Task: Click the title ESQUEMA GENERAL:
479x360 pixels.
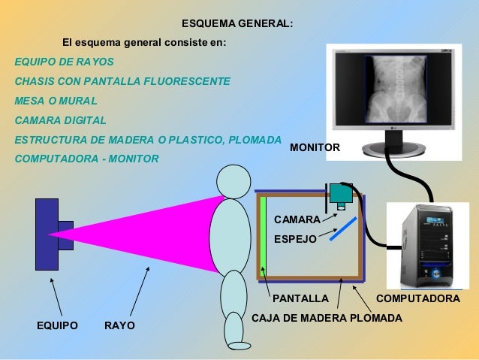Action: pyautogui.click(x=238, y=24)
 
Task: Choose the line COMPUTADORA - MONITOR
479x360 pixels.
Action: pyautogui.click(x=86, y=159)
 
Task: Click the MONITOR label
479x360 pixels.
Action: pyautogui.click(x=315, y=148)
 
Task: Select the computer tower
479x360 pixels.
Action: pyautogui.click(x=424, y=245)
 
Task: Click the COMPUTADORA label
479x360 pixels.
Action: pyautogui.click(x=417, y=298)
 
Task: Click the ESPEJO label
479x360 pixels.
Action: pyautogui.click(x=295, y=238)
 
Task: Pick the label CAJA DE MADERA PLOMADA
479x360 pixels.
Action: pyautogui.click(x=327, y=318)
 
